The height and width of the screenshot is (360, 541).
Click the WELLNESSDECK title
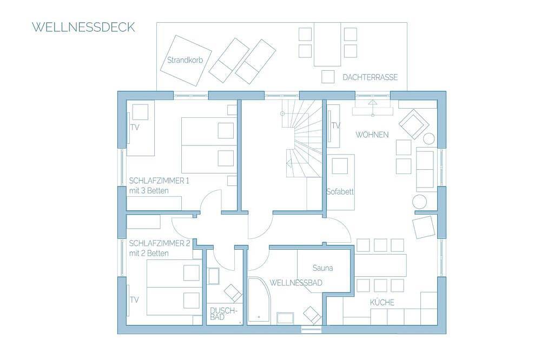[x=83, y=27]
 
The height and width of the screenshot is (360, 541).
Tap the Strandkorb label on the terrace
[x=185, y=60]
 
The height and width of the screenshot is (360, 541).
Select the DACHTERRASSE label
[x=370, y=77]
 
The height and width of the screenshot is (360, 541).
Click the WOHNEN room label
[x=372, y=135]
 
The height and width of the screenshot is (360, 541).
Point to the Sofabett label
[x=340, y=192]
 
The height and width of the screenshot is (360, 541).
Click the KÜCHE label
[x=382, y=302]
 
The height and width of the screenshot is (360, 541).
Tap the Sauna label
[x=322, y=268]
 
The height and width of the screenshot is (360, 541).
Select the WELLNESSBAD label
[x=296, y=283]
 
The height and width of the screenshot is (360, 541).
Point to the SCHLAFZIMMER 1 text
[x=159, y=181]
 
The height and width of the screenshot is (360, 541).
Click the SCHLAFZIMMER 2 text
[x=160, y=243]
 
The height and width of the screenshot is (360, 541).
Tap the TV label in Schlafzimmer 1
[x=135, y=127]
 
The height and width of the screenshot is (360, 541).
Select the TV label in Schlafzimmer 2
[x=134, y=299]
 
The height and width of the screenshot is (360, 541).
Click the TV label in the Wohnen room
[x=336, y=126]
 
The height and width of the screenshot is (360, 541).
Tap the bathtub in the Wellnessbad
[x=259, y=299]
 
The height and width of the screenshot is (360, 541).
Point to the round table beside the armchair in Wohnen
[x=429, y=138]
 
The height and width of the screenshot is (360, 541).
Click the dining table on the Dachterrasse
[x=327, y=44]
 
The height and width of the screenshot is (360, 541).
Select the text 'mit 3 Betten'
[x=149, y=191]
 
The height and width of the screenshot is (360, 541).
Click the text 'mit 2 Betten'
[x=149, y=254]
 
